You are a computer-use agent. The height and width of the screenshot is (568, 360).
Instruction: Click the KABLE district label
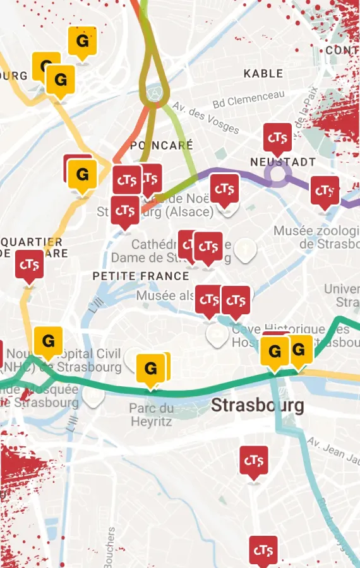[263, 74]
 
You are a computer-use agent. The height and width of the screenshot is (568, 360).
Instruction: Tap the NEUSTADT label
[282, 162]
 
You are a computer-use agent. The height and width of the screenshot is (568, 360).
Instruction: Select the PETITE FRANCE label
[141, 276]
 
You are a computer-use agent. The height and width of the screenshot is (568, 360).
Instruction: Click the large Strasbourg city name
[257, 405]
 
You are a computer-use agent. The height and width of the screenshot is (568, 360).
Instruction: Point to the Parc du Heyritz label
[151, 415]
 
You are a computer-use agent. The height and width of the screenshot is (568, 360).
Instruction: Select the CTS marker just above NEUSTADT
[277, 138]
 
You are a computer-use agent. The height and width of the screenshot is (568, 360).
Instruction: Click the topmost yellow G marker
[82, 42]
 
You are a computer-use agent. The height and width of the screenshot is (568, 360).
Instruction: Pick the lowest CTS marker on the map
[263, 551]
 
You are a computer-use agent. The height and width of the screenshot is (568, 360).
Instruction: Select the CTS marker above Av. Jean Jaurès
[253, 461]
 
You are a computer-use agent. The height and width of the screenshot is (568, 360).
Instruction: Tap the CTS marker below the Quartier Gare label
[29, 265]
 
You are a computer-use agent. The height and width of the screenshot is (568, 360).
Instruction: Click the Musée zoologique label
[316, 237]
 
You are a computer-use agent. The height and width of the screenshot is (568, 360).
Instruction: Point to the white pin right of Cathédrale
[245, 250]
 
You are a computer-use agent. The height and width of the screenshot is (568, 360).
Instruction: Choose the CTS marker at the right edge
[325, 191]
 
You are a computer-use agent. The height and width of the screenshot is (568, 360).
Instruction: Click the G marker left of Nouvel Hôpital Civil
[48, 341]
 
